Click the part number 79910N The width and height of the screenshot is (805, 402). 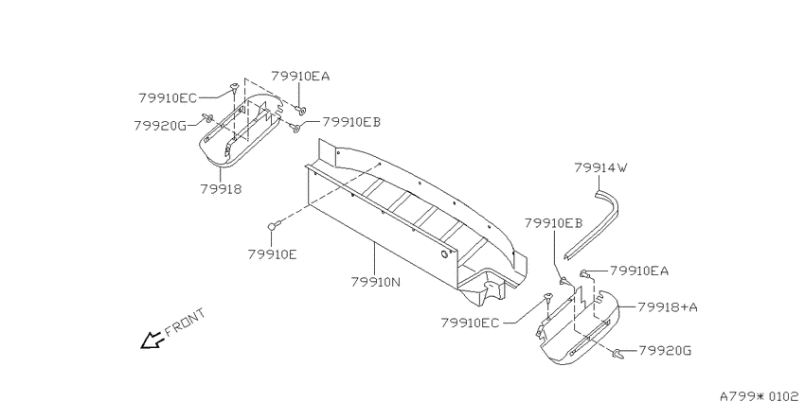(375, 282)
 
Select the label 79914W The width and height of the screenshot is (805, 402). (600, 167)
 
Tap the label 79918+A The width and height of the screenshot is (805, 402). (668, 307)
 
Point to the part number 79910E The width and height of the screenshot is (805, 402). (272, 253)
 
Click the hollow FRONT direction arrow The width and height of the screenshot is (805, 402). (152, 340)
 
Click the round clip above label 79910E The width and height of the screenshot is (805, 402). (274, 226)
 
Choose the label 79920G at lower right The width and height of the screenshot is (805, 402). (665, 351)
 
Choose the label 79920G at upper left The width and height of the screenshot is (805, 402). (160, 126)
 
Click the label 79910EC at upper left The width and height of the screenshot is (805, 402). (168, 97)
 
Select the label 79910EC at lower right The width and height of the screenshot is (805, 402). (469, 323)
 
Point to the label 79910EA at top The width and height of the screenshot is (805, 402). (300, 77)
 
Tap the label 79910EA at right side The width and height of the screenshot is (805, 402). (639, 271)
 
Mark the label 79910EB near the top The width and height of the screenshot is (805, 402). (351, 122)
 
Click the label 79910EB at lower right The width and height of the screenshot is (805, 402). (553, 223)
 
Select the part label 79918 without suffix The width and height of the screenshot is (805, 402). (221, 188)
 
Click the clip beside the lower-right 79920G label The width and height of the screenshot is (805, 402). (618, 354)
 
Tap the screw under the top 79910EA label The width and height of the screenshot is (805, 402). (300, 110)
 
